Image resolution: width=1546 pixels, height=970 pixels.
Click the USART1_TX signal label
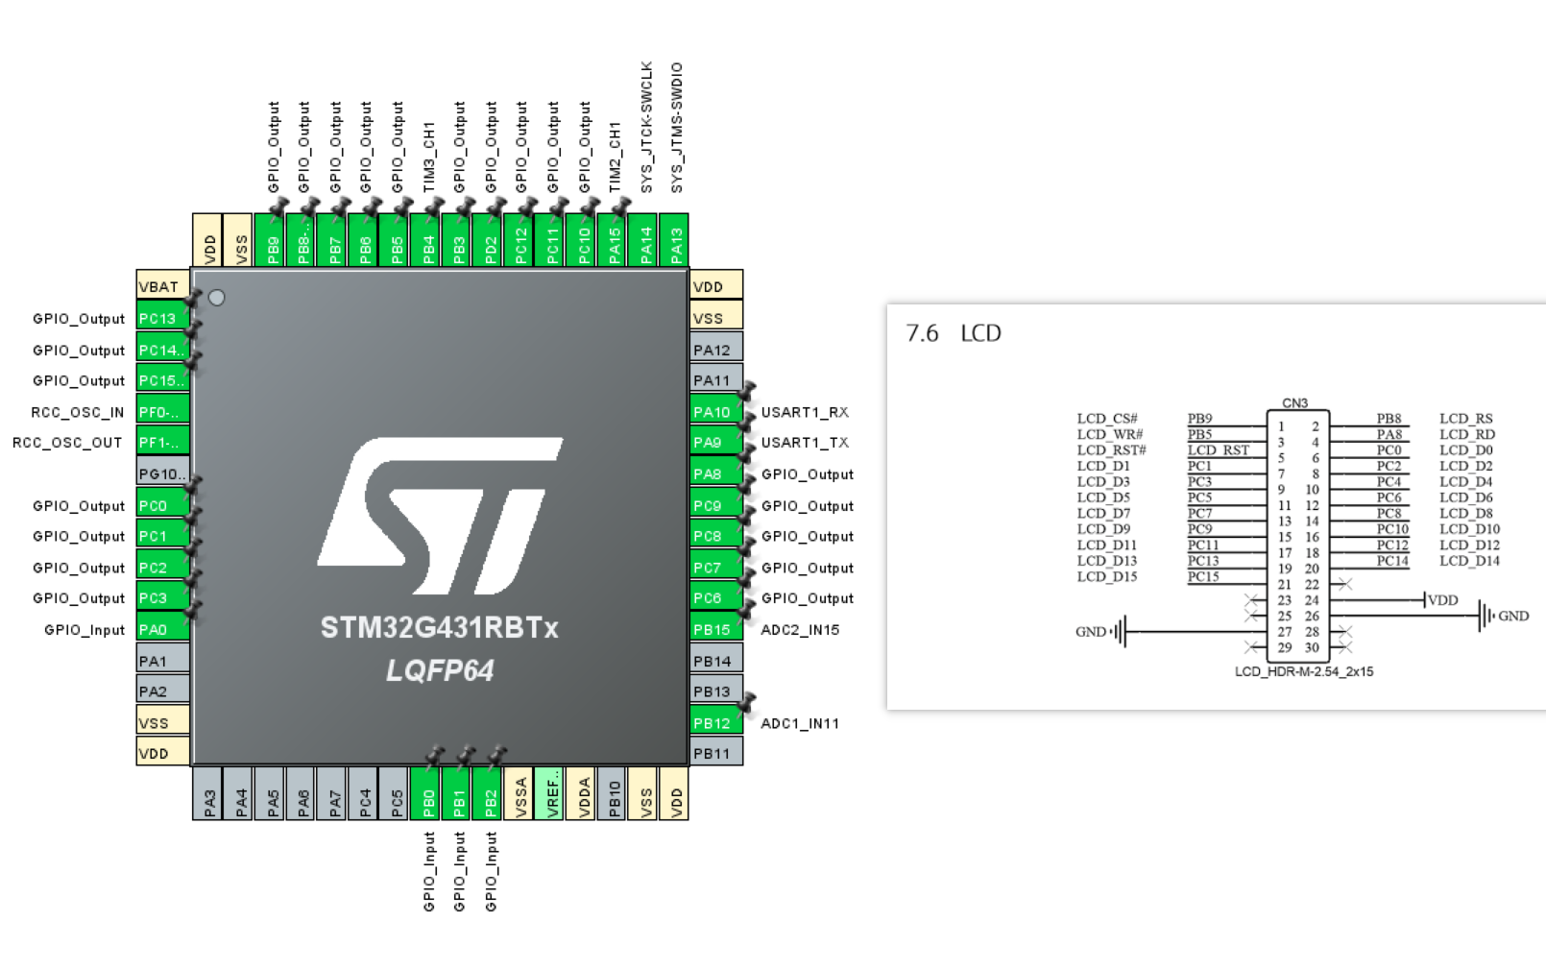tap(805, 443)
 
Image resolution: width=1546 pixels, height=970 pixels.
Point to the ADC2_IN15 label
tap(800, 630)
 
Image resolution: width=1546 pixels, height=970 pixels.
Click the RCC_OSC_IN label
tap(78, 412)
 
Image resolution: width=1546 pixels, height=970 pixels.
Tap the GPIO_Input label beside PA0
tap(85, 630)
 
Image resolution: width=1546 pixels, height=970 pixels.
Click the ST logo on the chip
tap(440, 516)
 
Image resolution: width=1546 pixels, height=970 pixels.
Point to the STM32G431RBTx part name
tap(440, 628)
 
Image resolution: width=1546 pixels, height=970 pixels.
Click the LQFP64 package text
tap(440, 670)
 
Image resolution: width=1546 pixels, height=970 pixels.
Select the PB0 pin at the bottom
tap(428, 794)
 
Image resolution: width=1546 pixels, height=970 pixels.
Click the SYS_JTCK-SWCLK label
tap(646, 127)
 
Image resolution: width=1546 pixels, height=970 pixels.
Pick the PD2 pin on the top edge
tap(491, 241)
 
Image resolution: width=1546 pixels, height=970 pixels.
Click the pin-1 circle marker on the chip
tap(217, 298)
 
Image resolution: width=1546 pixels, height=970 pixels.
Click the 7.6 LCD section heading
tap(954, 333)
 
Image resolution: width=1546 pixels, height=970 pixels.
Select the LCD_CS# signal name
tap(1107, 419)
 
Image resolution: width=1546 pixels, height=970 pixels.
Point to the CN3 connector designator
tap(1294, 403)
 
